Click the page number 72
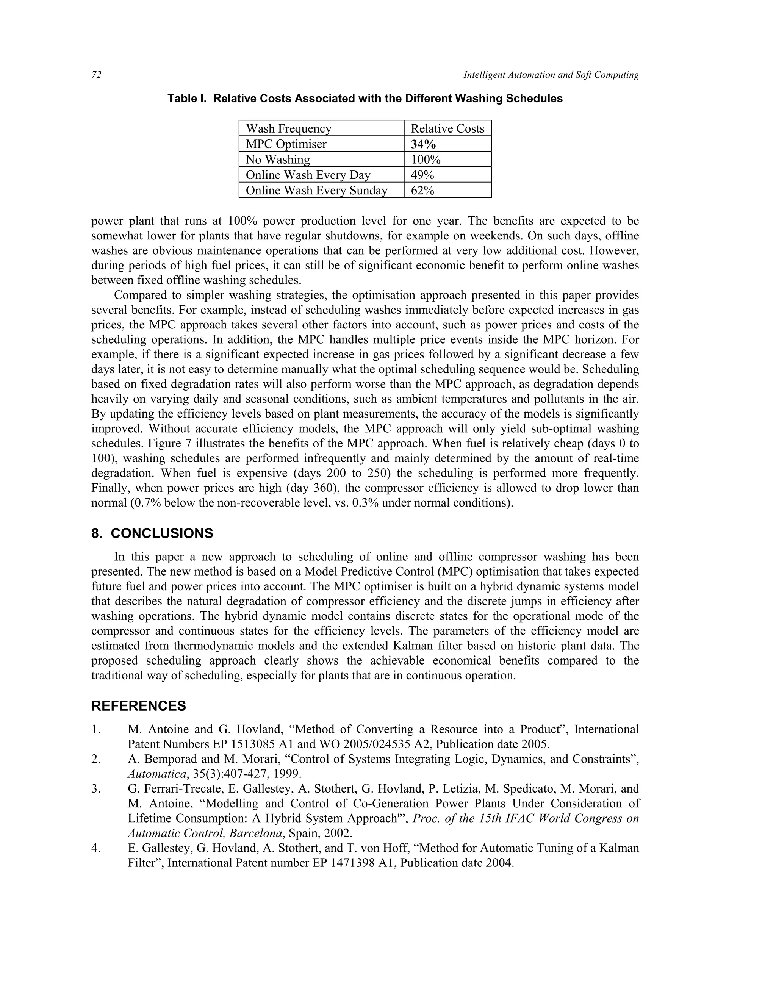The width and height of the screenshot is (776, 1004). pos(96,75)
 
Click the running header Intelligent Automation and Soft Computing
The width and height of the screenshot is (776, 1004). pos(551,75)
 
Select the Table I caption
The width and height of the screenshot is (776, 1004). pos(365,99)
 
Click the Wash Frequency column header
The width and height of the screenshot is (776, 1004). pos(288,129)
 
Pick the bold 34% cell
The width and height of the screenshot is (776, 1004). pos(423,144)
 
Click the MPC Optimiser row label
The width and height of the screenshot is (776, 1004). pos(286,144)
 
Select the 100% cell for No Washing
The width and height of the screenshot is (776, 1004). pos(425,160)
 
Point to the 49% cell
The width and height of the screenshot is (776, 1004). pos(422,175)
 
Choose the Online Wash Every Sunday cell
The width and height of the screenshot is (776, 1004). pos(316,190)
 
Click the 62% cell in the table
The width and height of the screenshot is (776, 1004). pos(422,190)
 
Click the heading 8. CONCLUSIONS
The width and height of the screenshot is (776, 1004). pos(152,533)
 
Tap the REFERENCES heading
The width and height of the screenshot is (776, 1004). pos(138,706)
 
